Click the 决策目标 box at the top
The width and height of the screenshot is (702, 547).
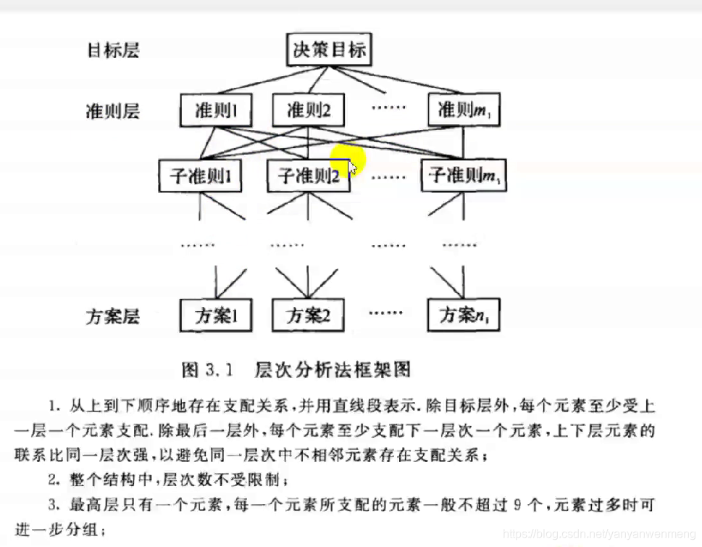point(330,51)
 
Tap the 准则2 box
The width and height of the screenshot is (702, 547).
point(309,111)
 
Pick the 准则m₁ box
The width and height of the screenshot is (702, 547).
point(463,111)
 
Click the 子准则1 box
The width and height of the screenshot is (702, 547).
point(200,176)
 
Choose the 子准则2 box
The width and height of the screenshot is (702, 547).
point(309,176)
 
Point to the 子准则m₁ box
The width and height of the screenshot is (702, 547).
point(463,176)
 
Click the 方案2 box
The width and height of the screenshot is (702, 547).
point(309,316)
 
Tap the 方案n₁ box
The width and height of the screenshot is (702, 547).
point(463,316)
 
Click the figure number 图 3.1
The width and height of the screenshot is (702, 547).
point(206,371)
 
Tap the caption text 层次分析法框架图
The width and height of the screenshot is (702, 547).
point(333,371)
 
